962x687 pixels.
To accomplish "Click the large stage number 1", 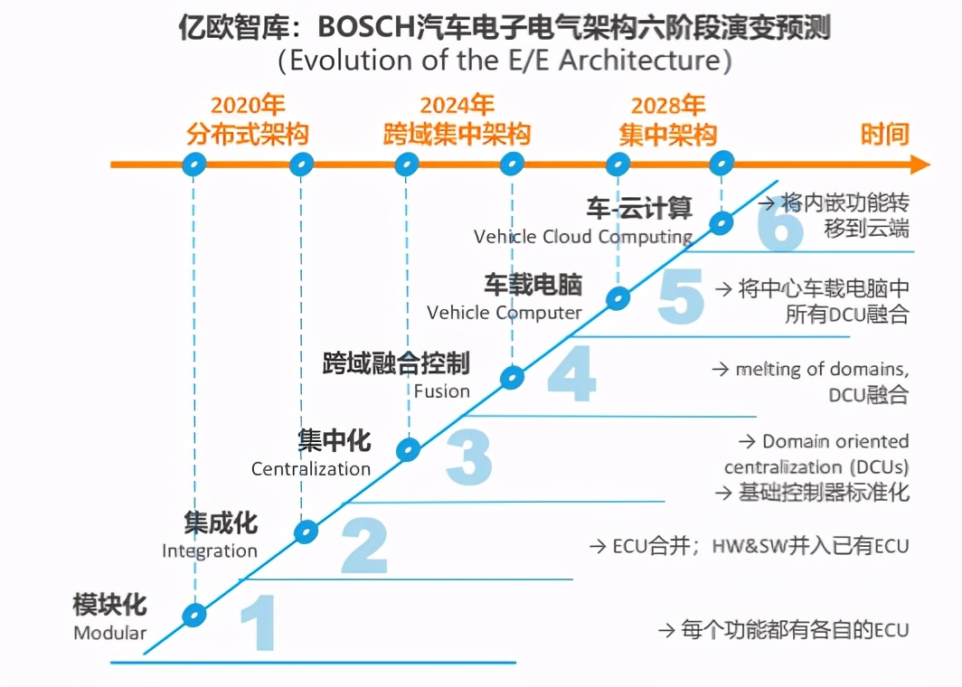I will pos(258,623).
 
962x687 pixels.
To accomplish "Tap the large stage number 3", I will pos(468,456).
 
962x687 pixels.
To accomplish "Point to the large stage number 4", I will pos(571,374).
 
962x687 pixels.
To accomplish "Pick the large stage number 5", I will pos(680,297).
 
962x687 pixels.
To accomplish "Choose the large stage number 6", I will pos(779,226).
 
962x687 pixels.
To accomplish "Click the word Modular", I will pos(109,633).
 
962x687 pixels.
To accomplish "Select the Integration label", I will pos(210,551).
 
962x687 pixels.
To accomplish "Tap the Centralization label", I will pos(311,469).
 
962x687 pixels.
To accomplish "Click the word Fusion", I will pos(442,391).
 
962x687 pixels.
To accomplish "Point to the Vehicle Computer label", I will pos(505,313).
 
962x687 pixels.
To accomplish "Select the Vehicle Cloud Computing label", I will pos(583,237).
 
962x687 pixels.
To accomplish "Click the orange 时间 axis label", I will pos(884,136).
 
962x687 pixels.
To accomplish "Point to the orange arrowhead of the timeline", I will pos(919,165).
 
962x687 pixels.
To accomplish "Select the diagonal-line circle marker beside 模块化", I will pos(193,615).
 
